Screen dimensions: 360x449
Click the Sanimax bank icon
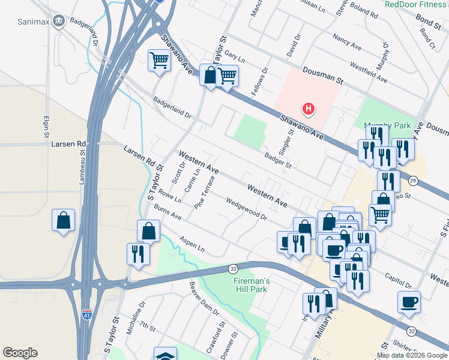coord(59,21)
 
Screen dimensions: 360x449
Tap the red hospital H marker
coord(308,109)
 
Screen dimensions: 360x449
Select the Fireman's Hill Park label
coord(252,284)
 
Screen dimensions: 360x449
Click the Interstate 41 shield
coord(88,313)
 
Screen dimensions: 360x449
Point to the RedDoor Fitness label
coord(416,4)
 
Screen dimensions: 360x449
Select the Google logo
coord(20,353)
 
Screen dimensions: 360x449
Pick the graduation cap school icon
coord(165,355)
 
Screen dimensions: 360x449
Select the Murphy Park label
coord(385,125)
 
